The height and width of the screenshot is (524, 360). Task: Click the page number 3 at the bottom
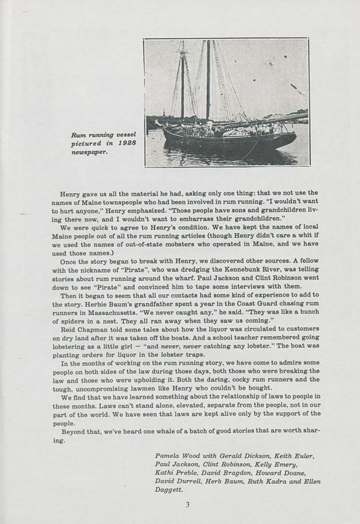pos(187,504)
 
